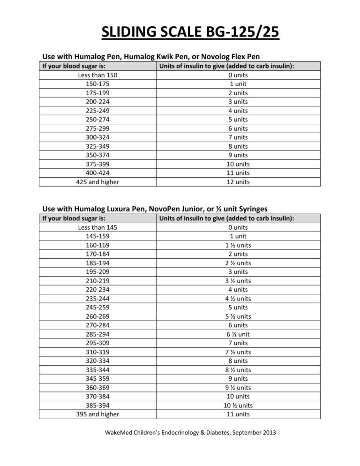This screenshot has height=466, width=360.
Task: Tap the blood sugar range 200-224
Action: [98, 102]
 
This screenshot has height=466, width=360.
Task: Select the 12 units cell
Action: [238, 182]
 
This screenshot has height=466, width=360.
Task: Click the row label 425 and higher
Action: [98, 182]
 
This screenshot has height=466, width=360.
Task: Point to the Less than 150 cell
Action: [98, 75]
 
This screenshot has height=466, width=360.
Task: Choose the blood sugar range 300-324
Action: [98, 137]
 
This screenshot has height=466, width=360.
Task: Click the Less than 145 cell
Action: [98, 227]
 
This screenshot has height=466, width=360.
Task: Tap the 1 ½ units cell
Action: [238, 245]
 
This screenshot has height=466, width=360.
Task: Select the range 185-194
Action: [98, 263]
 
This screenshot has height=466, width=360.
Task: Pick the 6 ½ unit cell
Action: [238, 334]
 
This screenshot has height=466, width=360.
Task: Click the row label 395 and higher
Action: [98, 414]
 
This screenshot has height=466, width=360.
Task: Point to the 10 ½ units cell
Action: [238, 406]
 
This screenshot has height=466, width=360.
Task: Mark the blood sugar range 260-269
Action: [98, 316]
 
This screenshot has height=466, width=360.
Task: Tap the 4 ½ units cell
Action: [238, 299]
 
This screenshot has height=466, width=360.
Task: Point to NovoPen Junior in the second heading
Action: [175, 209]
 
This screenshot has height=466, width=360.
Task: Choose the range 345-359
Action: [98, 379]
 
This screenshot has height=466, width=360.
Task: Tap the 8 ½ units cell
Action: [238, 370]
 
